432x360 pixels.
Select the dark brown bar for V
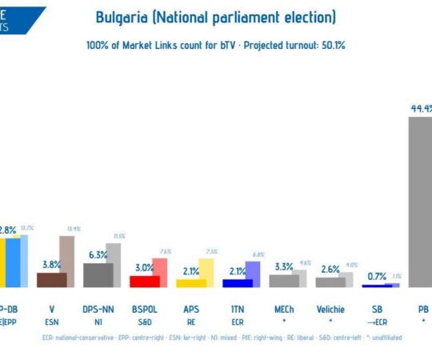pyautogui.click(x=52, y=279)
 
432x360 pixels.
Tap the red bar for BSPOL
pyautogui.click(x=145, y=281)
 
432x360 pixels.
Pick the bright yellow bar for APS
pyautogui.click(x=191, y=282)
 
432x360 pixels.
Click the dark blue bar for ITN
pyautogui.click(x=238, y=282)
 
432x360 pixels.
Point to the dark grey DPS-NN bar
pyautogui.click(x=98, y=274)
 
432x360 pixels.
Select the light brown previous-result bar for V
pyautogui.click(x=67, y=261)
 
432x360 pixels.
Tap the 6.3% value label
pyautogui.click(x=98, y=254)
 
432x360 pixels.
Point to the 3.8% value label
pyautogui.click(x=51, y=265)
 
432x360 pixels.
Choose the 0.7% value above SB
pyautogui.click(x=376, y=276)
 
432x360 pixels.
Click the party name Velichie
pyautogui.click(x=330, y=309)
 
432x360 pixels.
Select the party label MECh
pyautogui.click(x=284, y=309)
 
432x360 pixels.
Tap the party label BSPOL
pyautogui.click(x=145, y=309)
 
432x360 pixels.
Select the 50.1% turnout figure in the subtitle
pyautogui.click(x=331, y=46)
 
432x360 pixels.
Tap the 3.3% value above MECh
pyautogui.click(x=284, y=266)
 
